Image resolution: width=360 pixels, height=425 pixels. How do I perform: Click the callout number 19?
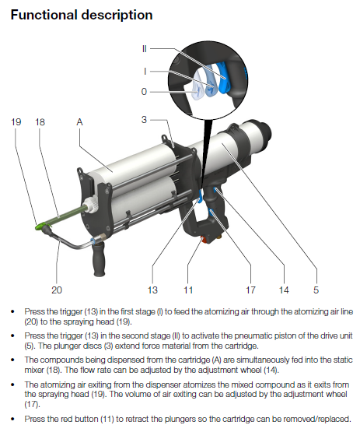pyautogui.click(x=16, y=122)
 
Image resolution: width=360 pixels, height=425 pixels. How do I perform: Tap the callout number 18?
pyautogui.click(x=40, y=122)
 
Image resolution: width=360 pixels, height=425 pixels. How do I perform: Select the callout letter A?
pyautogui.click(x=79, y=122)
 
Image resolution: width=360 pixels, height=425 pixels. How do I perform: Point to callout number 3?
pyautogui.click(x=145, y=120)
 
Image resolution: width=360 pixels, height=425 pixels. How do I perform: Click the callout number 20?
pyautogui.click(x=57, y=290)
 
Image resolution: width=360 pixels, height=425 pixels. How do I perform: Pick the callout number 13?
pyautogui.click(x=152, y=290)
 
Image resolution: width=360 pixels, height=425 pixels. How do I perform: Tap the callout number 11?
pyautogui.click(x=188, y=290)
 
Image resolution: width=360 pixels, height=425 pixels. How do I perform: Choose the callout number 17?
pyautogui.click(x=250, y=290)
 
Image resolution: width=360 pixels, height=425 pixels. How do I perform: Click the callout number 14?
pyautogui.click(x=284, y=290)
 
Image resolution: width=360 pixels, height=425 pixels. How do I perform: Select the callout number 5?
pyautogui.click(x=316, y=290)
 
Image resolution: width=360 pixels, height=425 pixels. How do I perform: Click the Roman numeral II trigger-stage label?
pyautogui.click(x=145, y=49)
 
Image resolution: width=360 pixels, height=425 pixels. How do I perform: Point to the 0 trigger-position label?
pyautogui.click(x=145, y=92)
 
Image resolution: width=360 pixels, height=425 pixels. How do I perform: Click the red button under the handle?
pyautogui.click(x=203, y=239)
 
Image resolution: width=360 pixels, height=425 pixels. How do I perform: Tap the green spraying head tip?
pyautogui.click(x=41, y=226)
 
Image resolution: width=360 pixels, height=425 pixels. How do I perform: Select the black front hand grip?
pyautogui.click(x=99, y=258)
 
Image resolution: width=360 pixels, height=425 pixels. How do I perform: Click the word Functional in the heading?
pyautogui.click(x=44, y=15)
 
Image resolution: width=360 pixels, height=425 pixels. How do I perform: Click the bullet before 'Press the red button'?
pyautogui.click(x=12, y=419)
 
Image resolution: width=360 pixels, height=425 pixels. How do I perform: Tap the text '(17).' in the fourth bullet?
pyautogui.click(x=32, y=405)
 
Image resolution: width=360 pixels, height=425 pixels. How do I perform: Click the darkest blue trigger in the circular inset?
pyautogui.click(x=223, y=79)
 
